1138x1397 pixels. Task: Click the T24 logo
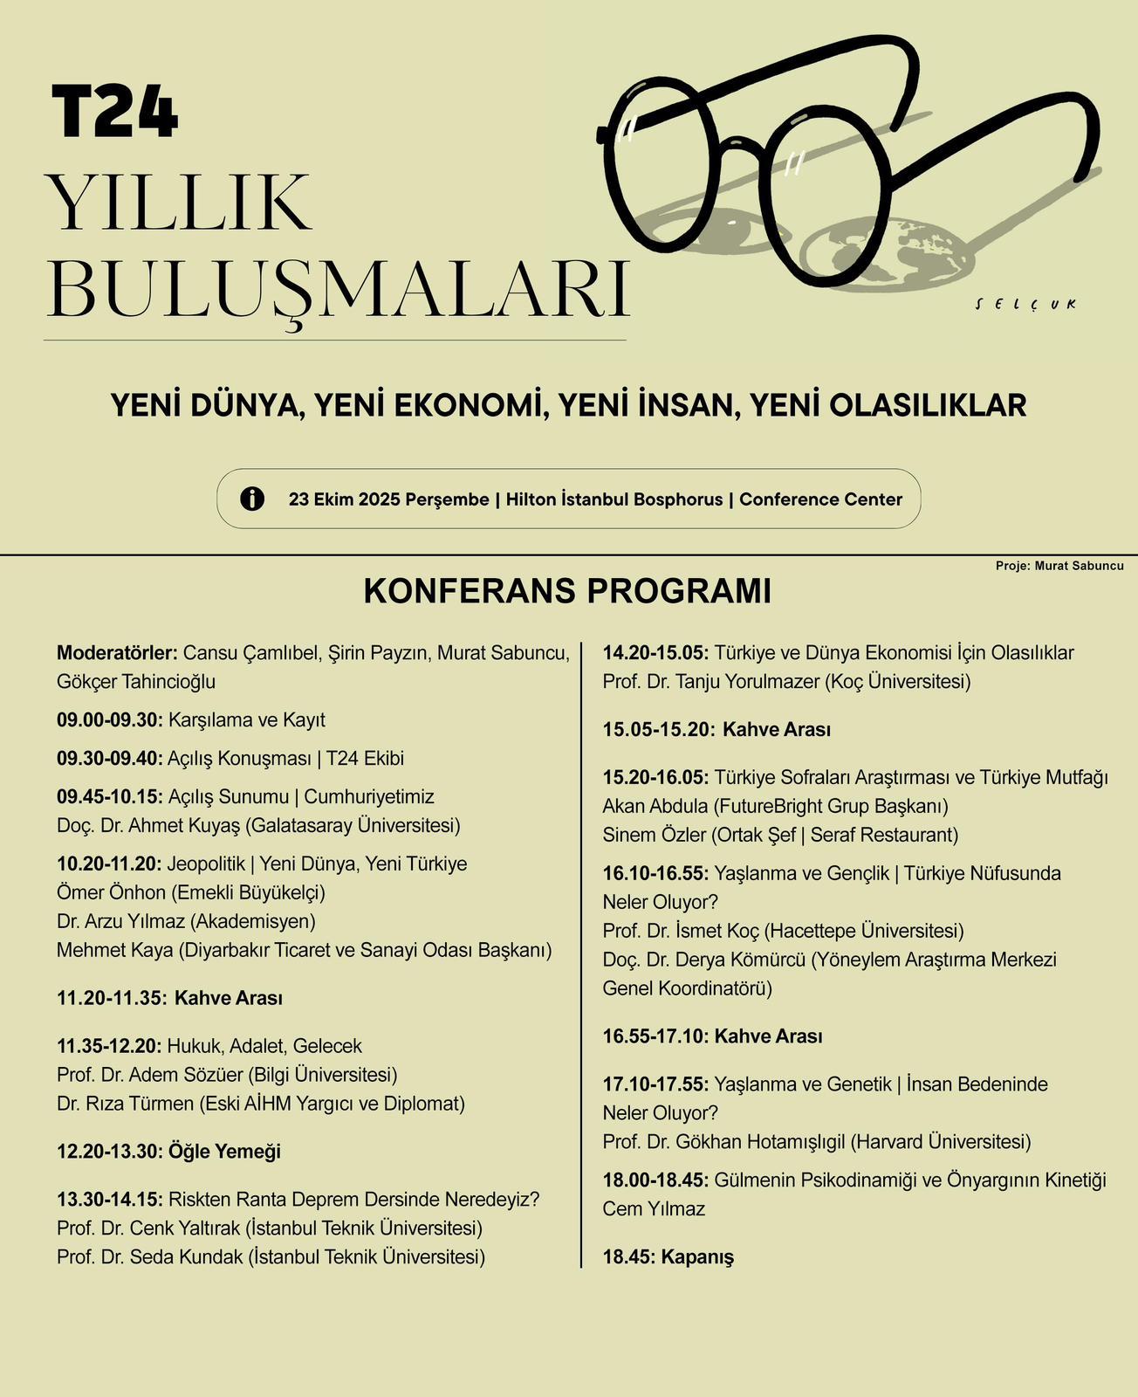click(114, 111)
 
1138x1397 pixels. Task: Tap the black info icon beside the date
click(252, 499)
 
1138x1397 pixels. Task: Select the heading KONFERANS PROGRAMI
click(567, 591)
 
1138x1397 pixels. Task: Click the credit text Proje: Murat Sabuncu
click(1059, 566)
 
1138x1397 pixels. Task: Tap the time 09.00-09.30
click(109, 720)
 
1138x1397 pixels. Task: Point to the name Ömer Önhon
click(110, 892)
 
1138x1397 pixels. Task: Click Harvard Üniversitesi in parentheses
click(941, 1142)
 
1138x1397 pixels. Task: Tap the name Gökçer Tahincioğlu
click(136, 682)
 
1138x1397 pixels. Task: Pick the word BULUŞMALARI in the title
click(338, 288)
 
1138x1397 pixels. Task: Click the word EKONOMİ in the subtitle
click(453, 405)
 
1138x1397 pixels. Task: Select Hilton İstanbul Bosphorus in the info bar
click(614, 499)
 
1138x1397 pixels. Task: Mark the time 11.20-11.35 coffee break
click(111, 998)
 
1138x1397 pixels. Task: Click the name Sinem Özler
click(654, 835)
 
